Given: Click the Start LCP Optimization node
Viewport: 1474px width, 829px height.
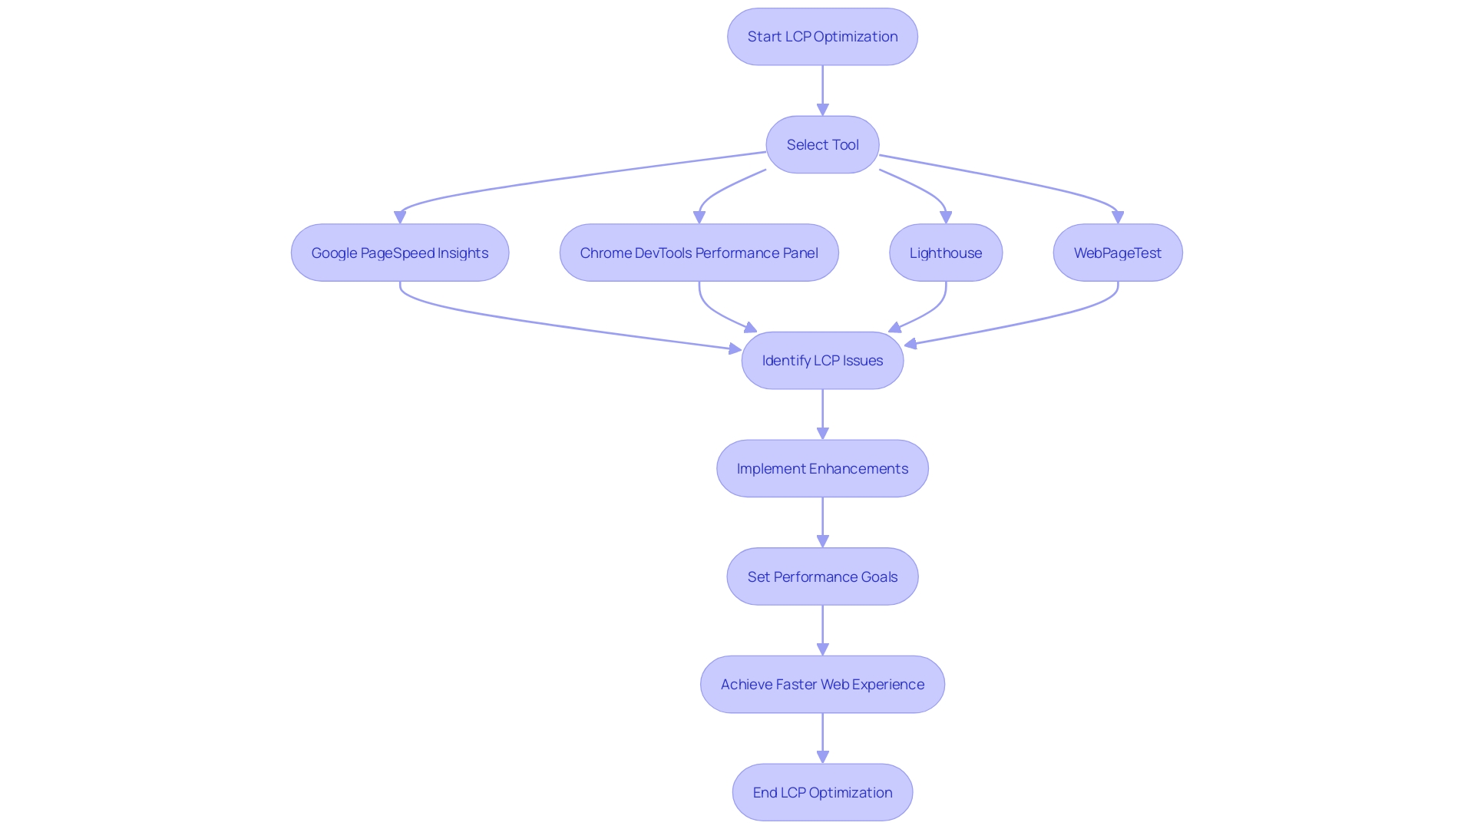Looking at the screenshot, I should click(822, 37).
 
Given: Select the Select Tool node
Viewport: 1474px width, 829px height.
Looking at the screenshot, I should click(822, 145).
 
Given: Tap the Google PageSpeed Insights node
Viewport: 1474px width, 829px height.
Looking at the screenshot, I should click(400, 253).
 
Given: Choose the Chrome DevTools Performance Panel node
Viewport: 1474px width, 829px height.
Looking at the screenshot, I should click(699, 253).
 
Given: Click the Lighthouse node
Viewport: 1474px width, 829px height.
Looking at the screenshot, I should click(946, 253).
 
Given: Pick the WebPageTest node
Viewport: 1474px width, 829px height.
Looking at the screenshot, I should click(1118, 253).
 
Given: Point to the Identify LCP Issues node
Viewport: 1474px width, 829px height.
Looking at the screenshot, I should click(822, 361).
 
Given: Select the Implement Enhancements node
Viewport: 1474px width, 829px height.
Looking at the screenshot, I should click(822, 468).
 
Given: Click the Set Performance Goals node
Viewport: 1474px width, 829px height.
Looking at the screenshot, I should click(822, 576).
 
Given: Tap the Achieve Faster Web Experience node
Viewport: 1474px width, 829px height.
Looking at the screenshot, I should click(822, 685).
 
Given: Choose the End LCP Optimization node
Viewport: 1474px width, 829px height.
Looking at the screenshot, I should click(822, 792).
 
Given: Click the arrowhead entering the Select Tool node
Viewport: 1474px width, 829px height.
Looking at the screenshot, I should click(822, 111).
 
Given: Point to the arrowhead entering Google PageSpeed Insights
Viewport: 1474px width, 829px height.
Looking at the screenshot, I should click(400, 218).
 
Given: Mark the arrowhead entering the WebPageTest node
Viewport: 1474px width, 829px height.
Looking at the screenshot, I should click(1118, 218).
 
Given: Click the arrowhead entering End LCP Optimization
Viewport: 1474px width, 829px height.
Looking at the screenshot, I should click(822, 758).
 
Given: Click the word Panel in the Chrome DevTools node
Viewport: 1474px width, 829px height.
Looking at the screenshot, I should click(801, 253).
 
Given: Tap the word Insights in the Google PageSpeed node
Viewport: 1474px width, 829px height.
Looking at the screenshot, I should click(463, 253).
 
